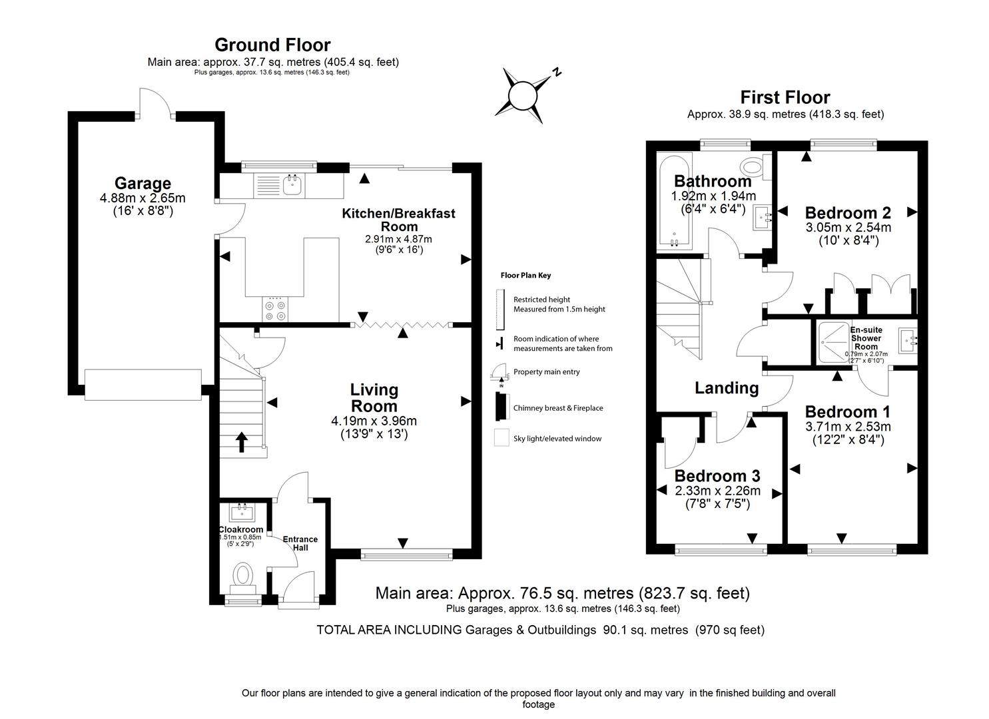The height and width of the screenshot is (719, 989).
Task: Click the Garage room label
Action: [143, 183]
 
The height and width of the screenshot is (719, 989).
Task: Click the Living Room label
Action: [374, 397]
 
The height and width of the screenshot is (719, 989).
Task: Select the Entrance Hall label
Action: [300, 543]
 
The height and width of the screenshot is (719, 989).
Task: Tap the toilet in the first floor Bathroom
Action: [753, 167]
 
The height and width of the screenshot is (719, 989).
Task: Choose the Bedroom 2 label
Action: [848, 213]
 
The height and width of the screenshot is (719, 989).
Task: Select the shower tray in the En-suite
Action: [831, 343]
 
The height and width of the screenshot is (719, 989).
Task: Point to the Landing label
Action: [727, 387]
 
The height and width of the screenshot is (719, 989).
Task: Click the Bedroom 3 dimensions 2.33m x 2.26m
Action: [717, 491]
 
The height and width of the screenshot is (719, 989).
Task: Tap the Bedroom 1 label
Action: [847, 411]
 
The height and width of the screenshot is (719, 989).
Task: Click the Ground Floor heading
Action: [272, 45]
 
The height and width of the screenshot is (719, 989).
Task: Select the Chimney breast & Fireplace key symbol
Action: [498, 407]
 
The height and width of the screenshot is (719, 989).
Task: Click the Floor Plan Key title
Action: [525, 275]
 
